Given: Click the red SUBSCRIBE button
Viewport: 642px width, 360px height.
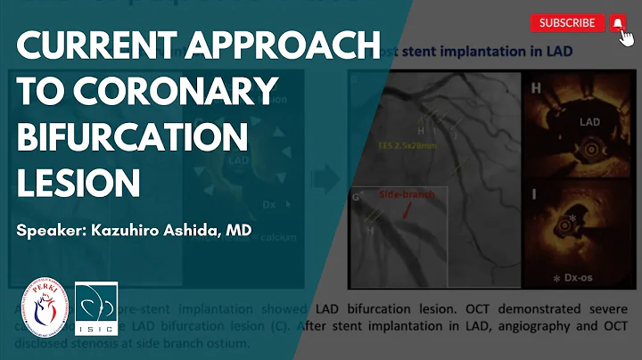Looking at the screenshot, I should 567,23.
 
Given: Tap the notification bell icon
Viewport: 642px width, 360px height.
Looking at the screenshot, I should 617,23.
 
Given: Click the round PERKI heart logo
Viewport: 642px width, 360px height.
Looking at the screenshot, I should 45,308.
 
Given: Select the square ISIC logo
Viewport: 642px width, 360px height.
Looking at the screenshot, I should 95,308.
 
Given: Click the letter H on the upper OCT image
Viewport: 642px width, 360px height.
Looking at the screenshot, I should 537,89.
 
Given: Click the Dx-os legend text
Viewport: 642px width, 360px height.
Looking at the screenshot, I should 596,278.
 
